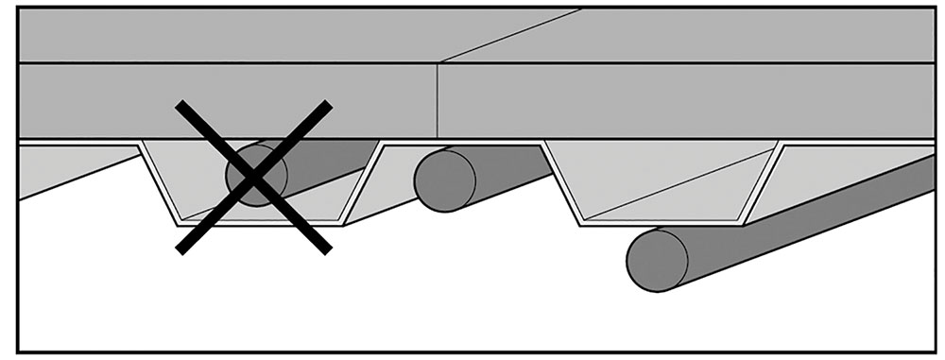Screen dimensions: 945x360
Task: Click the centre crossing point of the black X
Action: (254, 177)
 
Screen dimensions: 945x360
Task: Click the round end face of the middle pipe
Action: (445, 180)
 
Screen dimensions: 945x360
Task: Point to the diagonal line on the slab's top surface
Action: (510, 36)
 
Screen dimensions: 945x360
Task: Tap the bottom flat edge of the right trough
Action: (661, 224)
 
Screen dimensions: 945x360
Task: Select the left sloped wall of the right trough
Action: (561, 183)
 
